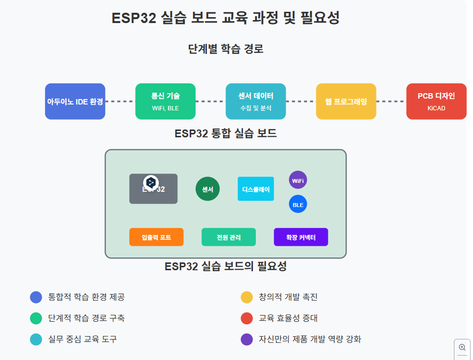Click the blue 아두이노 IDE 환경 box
[75, 102]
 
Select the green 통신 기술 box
[165, 102]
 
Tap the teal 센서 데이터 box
[255, 102]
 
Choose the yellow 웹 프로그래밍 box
[346, 102]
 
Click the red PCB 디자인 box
[436, 102]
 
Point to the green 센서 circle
[207, 189]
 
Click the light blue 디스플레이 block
[255, 189]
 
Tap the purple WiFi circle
[298, 180]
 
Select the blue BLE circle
[298, 204]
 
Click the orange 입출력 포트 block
[156, 237]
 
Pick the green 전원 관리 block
[228, 237]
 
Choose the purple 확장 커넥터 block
[300, 237]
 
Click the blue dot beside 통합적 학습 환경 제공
[36, 297]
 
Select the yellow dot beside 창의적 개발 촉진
[247, 297]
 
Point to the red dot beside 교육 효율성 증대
[247, 318]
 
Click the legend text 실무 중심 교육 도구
[82, 339]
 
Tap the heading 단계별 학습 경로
[225, 49]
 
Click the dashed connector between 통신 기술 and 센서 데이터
[210, 102]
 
